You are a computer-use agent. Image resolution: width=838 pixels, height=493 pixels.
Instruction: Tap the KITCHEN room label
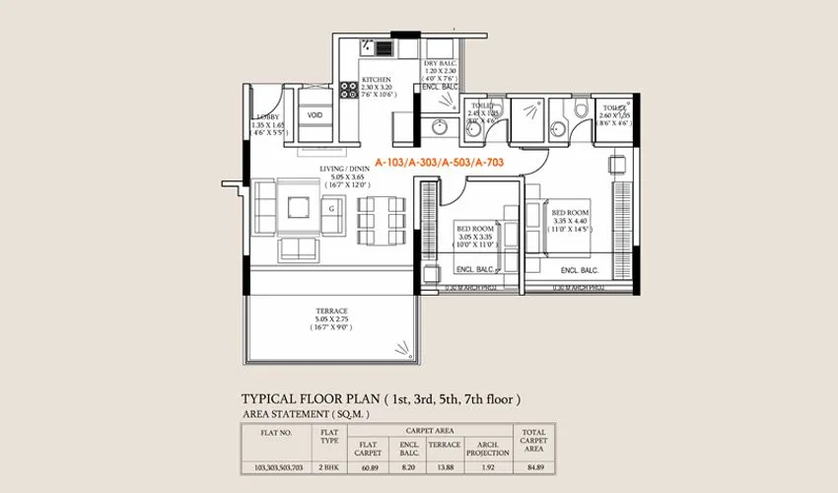click(376, 80)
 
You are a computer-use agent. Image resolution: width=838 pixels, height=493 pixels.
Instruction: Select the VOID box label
click(314, 115)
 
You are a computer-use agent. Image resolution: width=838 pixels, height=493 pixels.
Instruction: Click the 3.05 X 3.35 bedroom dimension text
click(473, 237)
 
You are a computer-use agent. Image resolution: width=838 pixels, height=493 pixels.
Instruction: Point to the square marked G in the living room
click(331, 208)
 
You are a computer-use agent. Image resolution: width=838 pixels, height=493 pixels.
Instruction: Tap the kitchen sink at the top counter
click(372, 46)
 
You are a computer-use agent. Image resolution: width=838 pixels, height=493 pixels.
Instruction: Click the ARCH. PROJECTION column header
click(487, 449)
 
